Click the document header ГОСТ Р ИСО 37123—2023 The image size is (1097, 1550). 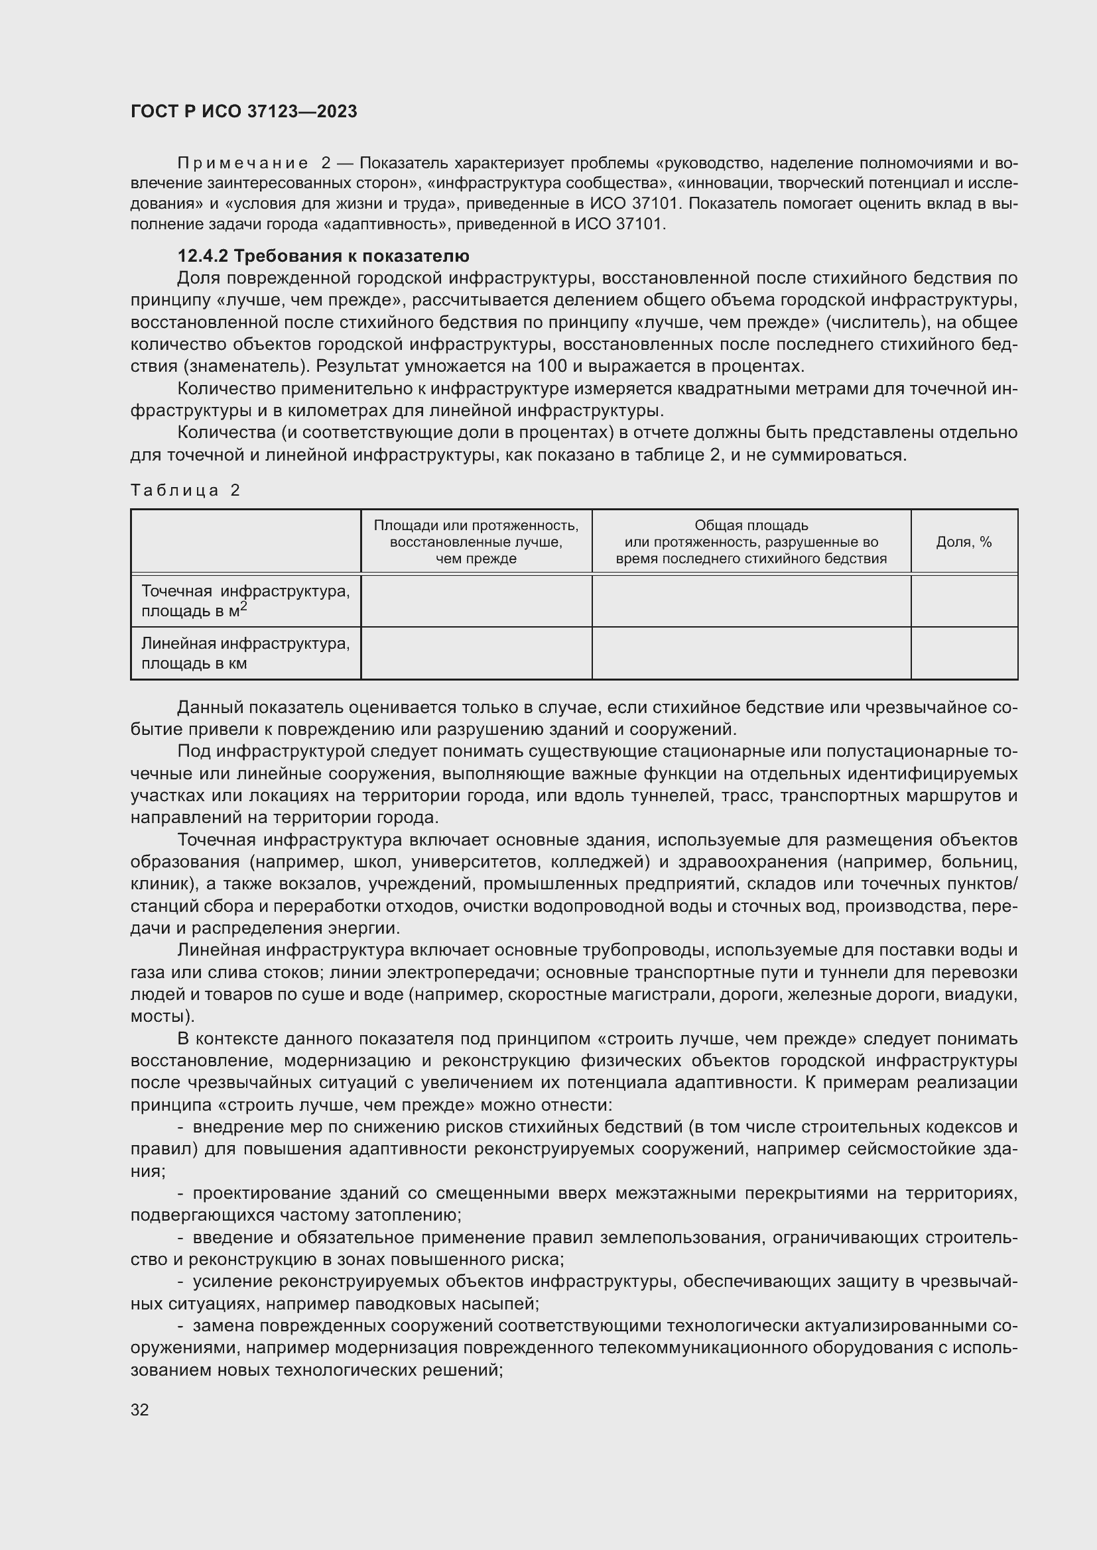pyautogui.click(x=243, y=111)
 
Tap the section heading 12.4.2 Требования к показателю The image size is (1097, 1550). pyautogui.click(x=323, y=256)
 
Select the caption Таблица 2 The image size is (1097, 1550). pyautogui.click(x=185, y=490)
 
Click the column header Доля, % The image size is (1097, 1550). pyautogui.click(x=963, y=542)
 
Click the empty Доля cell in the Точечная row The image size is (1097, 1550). pyautogui.click(x=963, y=601)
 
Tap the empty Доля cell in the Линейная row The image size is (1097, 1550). pyautogui.click(x=963, y=653)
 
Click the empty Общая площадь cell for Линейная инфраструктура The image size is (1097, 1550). pyautogui.click(x=751, y=653)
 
